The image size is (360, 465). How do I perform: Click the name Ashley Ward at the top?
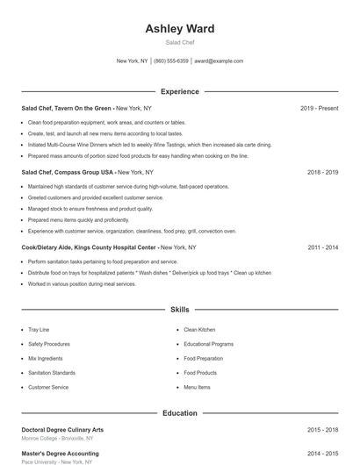coord(180,28)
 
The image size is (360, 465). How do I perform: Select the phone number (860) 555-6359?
coord(171,61)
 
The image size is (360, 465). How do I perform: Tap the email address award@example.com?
coord(219,61)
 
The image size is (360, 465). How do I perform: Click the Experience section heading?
coord(180,91)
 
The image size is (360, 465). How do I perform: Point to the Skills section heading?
coord(180,310)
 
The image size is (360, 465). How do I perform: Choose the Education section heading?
coord(180,412)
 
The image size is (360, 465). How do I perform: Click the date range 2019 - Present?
coord(319,108)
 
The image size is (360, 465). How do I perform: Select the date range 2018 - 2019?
coord(322,173)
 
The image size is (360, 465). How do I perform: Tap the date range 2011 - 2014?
coord(322,247)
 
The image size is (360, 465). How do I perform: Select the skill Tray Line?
coord(39,330)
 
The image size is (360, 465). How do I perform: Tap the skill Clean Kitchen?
coord(199,330)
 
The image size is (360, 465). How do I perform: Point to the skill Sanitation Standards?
coord(52,373)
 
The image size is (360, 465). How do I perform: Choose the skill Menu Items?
coord(197,387)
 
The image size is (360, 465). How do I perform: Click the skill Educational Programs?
coord(208,344)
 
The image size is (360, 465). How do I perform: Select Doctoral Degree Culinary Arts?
coord(62,430)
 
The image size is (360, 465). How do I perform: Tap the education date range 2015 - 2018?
coord(322,430)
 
